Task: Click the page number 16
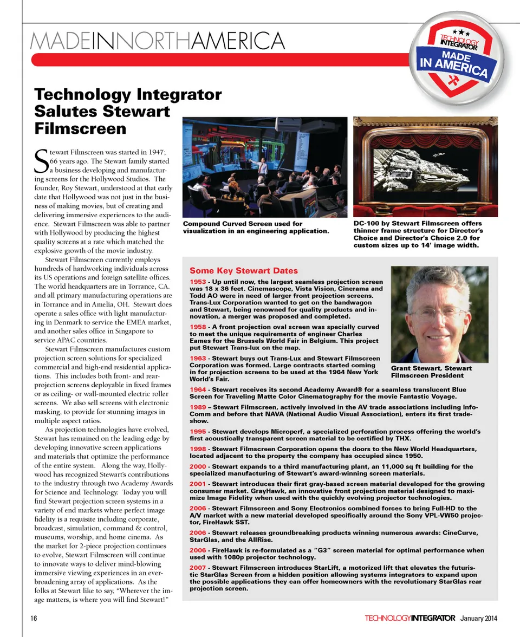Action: tap(34, 618)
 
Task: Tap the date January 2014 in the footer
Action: tap(479, 619)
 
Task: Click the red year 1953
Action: tap(198, 282)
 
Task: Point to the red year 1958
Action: tap(198, 327)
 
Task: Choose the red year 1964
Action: tap(198, 389)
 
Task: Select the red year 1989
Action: tap(198, 407)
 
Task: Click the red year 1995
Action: tap(198, 431)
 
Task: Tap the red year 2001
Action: tap(198, 484)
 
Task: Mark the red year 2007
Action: tap(198, 567)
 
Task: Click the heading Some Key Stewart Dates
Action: tap(243, 271)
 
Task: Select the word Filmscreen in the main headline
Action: tap(80, 129)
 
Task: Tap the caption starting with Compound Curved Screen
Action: tap(256, 227)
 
